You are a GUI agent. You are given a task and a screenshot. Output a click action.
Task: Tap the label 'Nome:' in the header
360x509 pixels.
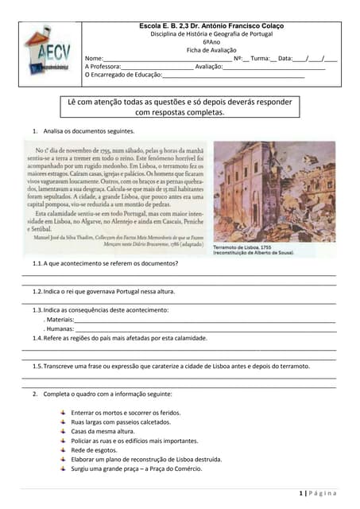[x=95, y=59]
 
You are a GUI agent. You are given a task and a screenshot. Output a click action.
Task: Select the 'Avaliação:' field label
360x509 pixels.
[x=208, y=67]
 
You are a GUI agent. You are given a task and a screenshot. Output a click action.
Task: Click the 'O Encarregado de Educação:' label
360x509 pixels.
[x=122, y=75]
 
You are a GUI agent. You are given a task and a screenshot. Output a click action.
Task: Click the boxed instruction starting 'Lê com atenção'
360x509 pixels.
[x=180, y=107]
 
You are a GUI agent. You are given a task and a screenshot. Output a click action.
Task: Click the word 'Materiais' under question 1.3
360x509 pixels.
[x=62, y=318]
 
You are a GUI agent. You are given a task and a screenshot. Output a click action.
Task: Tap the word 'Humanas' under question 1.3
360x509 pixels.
[x=60, y=328]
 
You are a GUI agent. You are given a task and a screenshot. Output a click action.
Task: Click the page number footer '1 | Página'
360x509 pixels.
[x=318, y=494]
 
